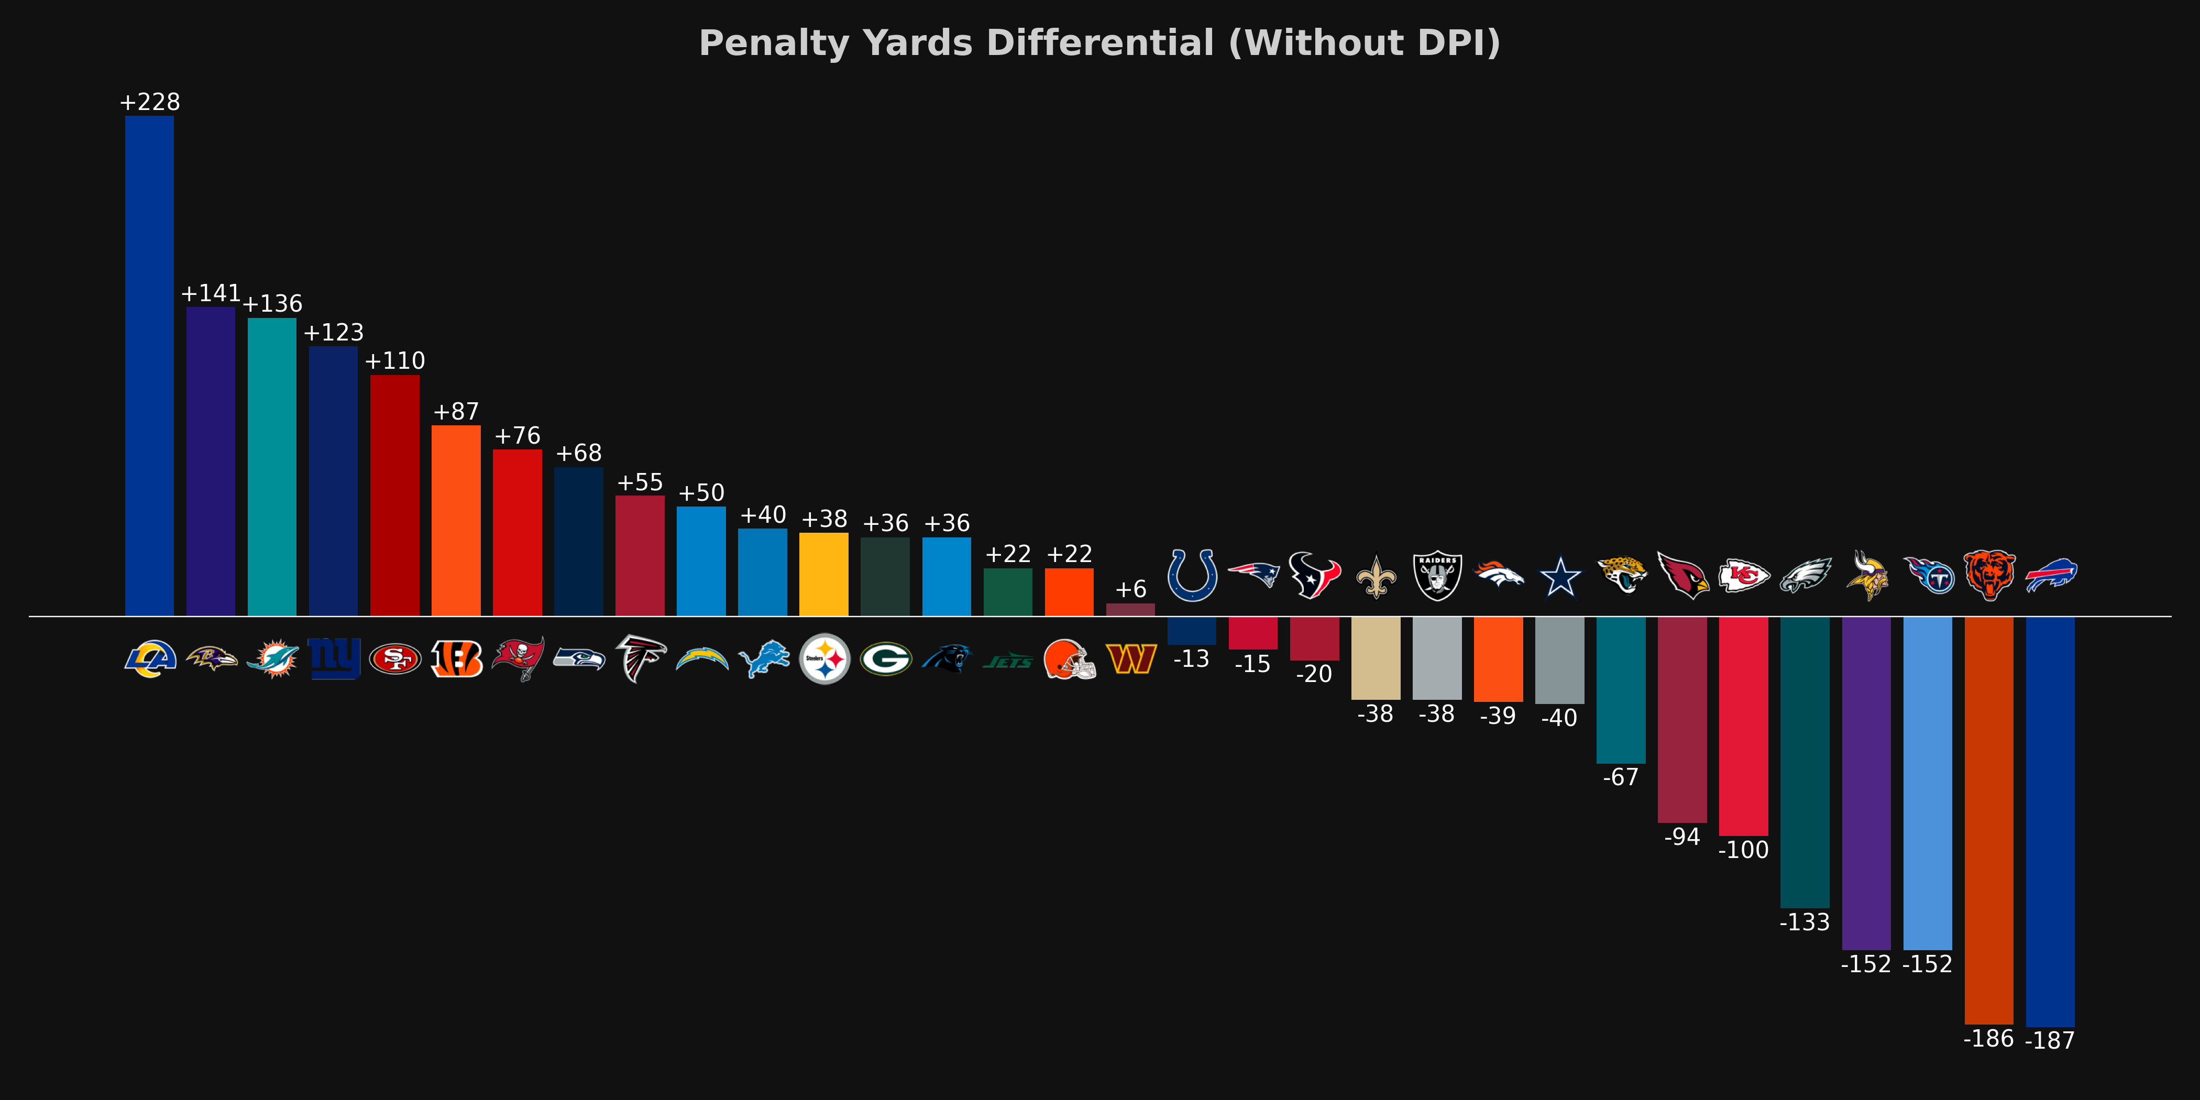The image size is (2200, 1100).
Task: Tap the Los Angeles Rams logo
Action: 150,658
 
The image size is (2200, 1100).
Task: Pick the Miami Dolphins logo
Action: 272,658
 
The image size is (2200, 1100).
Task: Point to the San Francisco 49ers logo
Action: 394,658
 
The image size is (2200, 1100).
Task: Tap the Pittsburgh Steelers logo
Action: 824,658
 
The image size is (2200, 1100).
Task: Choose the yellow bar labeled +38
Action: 824,574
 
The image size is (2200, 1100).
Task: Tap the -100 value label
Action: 1743,850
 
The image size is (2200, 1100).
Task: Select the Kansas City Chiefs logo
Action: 1744,576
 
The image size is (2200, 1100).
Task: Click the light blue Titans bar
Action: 1928,782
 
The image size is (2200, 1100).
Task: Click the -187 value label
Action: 2050,1040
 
